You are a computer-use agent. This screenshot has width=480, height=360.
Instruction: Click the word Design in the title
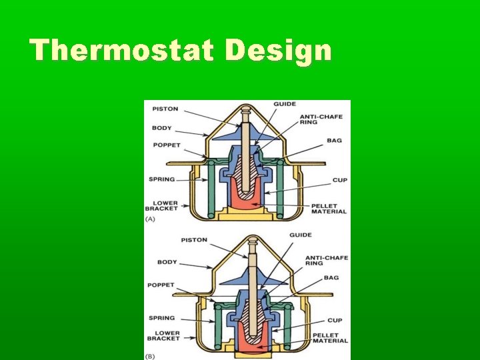click(x=278, y=51)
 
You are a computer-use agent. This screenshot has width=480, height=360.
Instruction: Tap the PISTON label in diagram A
click(x=166, y=109)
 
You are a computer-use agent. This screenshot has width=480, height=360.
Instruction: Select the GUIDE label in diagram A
click(x=285, y=105)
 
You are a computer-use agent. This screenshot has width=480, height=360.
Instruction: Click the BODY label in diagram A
click(x=161, y=128)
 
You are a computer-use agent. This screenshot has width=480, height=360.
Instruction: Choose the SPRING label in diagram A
click(x=161, y=179)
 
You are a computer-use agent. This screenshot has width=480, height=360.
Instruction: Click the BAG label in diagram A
click(x=334, y=141)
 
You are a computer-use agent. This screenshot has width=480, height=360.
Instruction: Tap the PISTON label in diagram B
click(x=194, y=240)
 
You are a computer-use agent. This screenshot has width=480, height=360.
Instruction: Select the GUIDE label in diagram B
click(x=301, y=235)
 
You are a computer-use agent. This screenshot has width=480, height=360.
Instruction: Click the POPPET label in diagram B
click(x=161, y=285)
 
